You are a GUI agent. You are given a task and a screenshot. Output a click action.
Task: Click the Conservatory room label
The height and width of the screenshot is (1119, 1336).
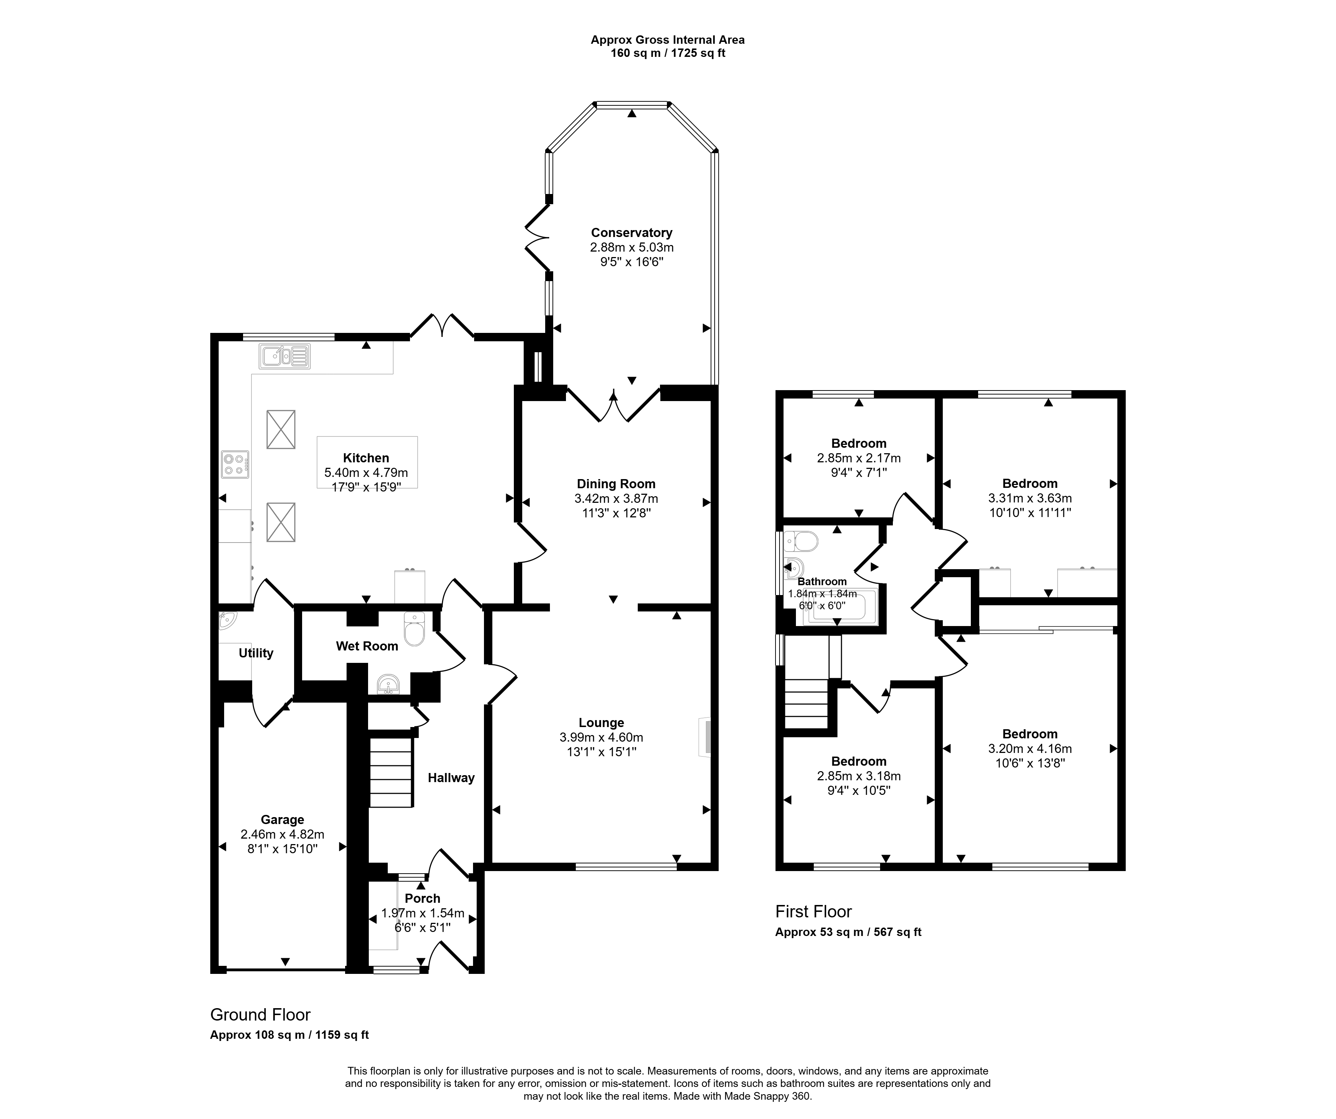coord(631,233)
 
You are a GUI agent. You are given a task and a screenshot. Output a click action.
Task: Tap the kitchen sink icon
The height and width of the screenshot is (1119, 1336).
coord(284,357)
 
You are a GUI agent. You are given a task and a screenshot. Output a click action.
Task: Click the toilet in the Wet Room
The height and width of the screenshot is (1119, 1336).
coord(414,629)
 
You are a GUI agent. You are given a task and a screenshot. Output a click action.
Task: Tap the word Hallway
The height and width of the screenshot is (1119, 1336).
coord(451,778)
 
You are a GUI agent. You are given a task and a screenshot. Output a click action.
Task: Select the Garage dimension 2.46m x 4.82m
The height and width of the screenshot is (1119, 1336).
coord(282,835)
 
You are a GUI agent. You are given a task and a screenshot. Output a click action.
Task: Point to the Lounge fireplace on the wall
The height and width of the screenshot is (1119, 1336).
coord(705,737)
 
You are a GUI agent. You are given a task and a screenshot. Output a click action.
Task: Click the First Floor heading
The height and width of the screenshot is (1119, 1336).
coord(814,912)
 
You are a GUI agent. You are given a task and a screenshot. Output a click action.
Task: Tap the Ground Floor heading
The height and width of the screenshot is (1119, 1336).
coord(261,1015)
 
